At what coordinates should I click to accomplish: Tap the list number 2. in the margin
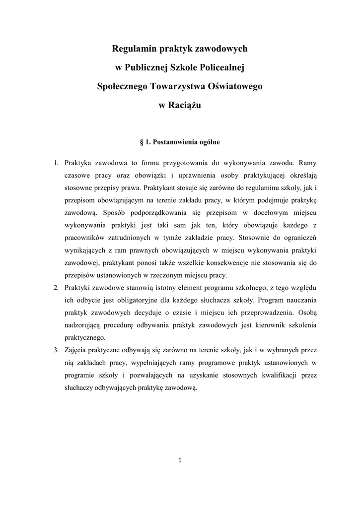tap(57, 288)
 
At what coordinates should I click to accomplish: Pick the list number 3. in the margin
tap(57, 350)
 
